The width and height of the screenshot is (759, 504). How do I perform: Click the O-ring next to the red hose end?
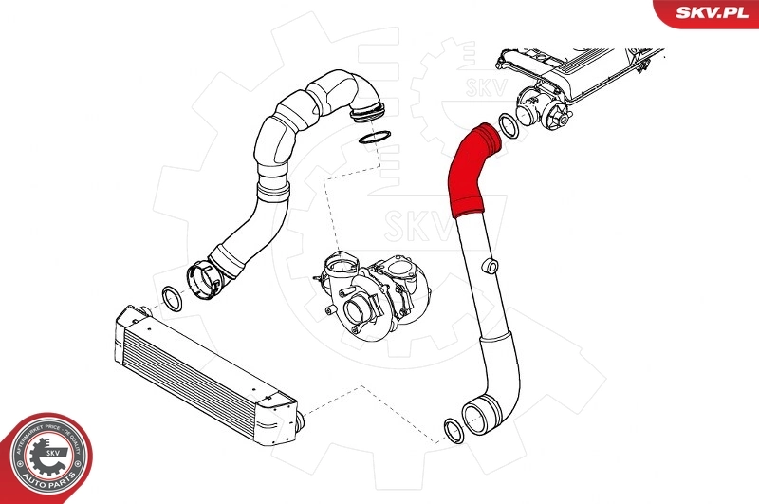508,124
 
